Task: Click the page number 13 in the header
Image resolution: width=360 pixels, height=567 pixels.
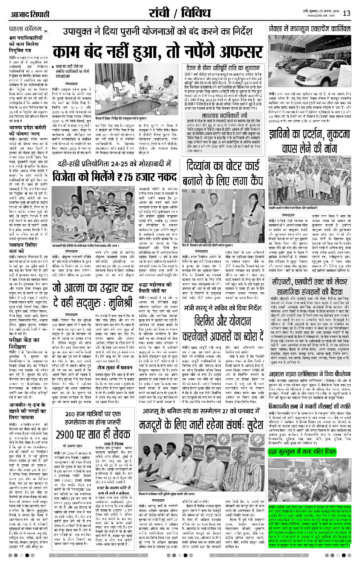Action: (347, 14)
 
